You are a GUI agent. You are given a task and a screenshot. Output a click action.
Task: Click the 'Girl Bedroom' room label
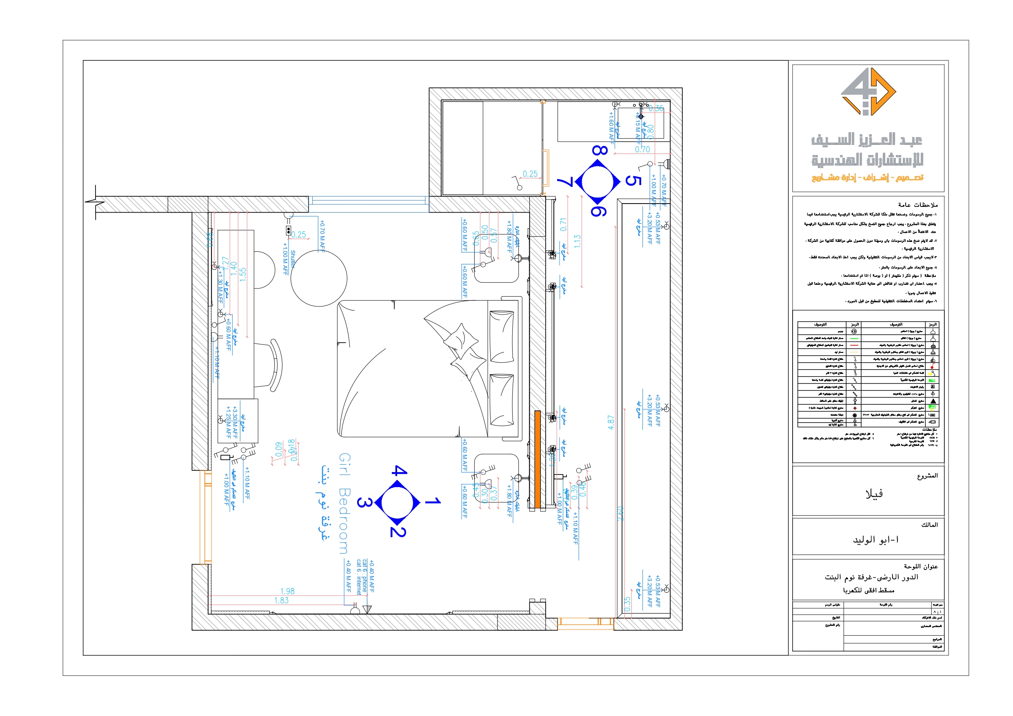(344, 503)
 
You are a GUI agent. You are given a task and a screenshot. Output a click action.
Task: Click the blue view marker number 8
(600, 151)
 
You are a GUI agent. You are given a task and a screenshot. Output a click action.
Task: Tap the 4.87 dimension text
(611, 422)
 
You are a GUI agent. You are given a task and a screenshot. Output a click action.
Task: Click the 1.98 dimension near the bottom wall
(287, 591)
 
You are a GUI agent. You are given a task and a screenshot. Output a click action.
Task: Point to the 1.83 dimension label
(282, 601)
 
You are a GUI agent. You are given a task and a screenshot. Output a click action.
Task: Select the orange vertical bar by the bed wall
(538, 459)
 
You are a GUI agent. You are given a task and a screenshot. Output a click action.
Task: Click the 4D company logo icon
(868, 92)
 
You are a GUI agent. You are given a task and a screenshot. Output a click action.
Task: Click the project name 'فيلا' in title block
(874, 494)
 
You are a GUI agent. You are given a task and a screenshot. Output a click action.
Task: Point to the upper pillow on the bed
(502, 336)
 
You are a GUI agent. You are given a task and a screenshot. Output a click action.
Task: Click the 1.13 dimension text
(577, 241)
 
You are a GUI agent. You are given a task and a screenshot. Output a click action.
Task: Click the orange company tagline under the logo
(867, 177)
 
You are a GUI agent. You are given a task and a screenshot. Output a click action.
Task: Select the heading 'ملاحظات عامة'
(918, 205)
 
